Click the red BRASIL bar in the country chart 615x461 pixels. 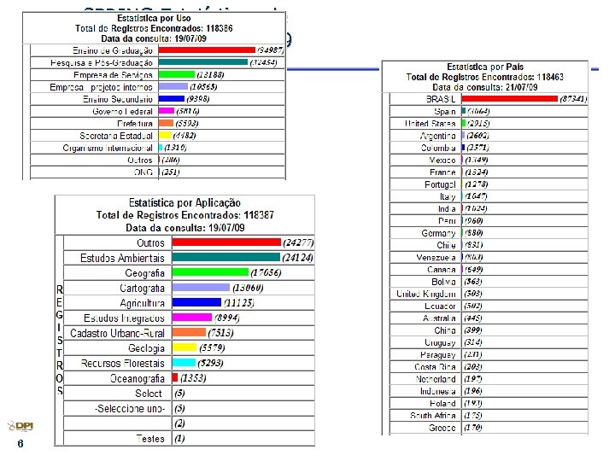tap(509, 99)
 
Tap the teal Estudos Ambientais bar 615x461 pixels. tap(225, 257)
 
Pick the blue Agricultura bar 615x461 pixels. tap(196, 302)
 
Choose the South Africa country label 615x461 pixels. tap(433, 416)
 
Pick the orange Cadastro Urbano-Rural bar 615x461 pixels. tap(189, 333)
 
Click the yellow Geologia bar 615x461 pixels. tap(184, 348)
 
